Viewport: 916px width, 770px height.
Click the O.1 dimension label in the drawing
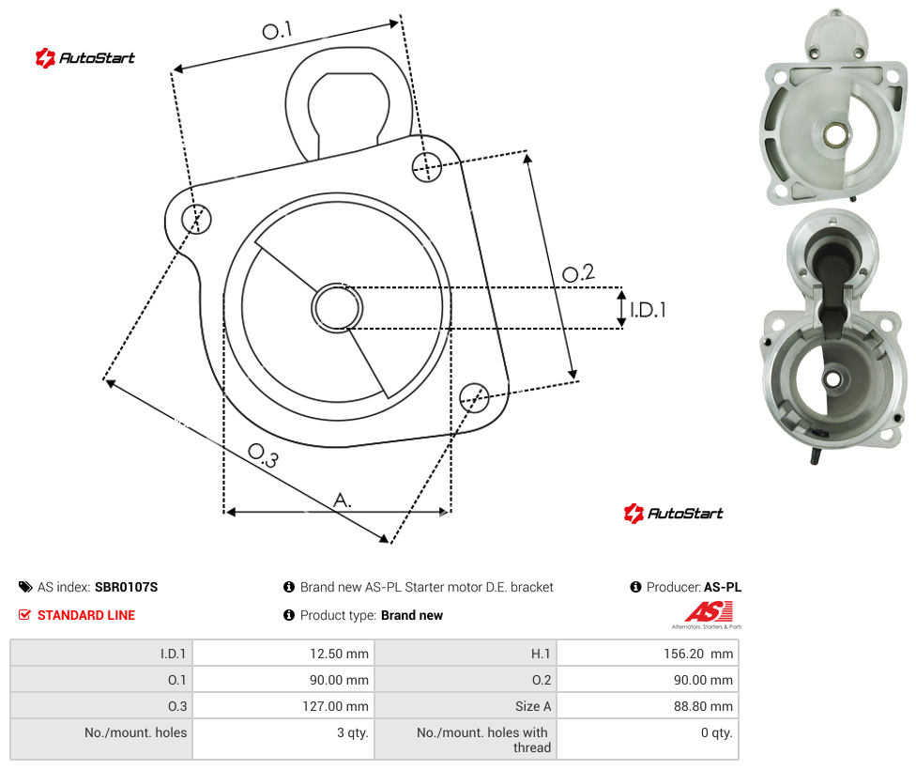[x=277, y=30]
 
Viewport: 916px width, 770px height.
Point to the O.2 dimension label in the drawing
[x=578, y=272]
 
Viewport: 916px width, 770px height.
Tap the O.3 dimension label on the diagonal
[x=263, y=455]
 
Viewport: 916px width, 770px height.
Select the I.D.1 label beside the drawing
[x=648, y=309]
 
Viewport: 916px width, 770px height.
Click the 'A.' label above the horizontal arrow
[x=343, y=500]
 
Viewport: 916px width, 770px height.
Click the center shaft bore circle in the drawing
[x=337, y=308]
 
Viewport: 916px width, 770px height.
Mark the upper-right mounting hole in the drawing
[x=427, y=166]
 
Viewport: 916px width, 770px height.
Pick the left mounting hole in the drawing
[x=196, y=219]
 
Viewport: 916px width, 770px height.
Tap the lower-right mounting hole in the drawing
[x=474, y=397]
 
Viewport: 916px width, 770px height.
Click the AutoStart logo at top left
[x=84, y=58]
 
